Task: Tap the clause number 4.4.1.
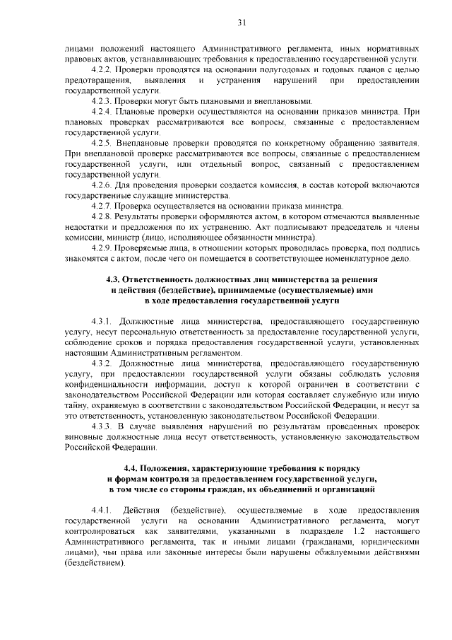pos(103,510)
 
